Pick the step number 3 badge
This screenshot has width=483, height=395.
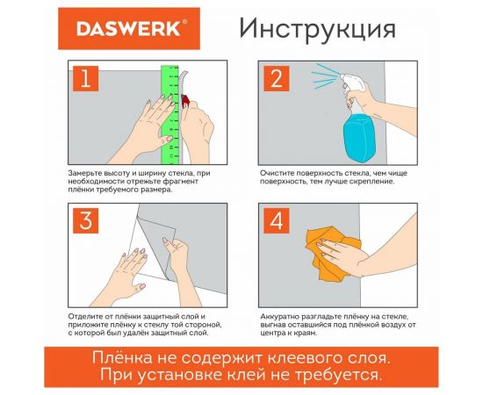[x=85, y=221]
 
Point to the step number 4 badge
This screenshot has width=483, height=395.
[x=276, y=221]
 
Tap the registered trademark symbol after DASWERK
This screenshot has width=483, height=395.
[x=184, y=22]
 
